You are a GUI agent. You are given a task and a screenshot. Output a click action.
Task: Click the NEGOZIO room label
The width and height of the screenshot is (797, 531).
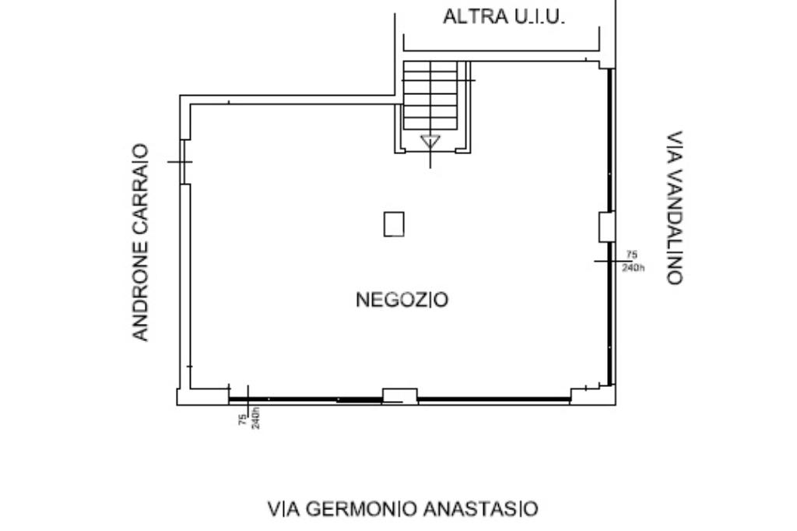point(402,300)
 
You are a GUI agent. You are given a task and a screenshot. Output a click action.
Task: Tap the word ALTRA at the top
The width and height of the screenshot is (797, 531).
point(476,16)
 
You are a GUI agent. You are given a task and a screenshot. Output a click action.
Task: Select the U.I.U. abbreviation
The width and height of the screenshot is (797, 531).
point(540,16)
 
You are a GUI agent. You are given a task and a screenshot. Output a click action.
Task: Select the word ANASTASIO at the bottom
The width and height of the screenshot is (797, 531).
point(480,508)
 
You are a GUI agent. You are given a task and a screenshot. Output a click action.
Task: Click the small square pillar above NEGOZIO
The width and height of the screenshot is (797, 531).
point(394,224)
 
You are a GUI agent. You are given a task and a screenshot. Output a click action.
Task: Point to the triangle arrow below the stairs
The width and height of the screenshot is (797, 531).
point(430,142)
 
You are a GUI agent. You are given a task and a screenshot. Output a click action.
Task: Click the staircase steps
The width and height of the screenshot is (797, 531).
point(430,95)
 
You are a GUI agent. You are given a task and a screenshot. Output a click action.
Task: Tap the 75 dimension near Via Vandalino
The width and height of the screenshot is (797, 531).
point(631,255)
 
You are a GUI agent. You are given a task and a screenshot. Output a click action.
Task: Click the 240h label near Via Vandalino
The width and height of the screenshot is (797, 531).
point(634,267)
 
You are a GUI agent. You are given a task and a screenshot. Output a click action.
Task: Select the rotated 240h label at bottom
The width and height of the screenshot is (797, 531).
point(255,418)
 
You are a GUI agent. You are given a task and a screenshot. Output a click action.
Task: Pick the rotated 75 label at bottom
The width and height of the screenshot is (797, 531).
point(243,419)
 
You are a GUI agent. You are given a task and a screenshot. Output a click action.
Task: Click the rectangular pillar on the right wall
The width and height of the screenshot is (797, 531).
point(607,227)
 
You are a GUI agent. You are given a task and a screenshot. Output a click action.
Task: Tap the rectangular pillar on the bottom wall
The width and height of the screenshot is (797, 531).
point(400,396)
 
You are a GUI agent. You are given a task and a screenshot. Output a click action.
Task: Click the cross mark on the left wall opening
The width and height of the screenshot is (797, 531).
point(181,162)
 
